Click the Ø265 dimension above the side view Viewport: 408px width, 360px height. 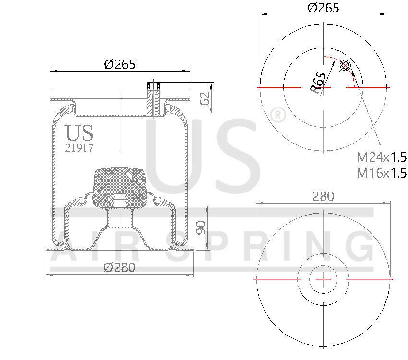coord(120,64)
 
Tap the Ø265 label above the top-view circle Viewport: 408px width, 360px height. coord(323,8)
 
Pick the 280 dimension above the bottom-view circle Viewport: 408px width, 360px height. coord(323,196)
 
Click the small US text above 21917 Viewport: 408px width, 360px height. coord(79,133)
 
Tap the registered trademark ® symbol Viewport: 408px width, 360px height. coord(277,115)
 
